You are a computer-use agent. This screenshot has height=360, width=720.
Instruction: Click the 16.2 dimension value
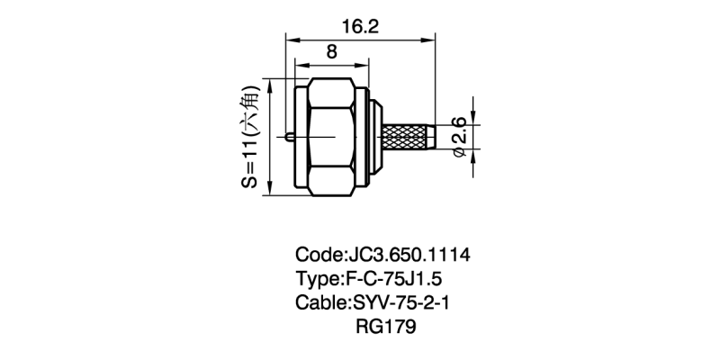[359, 27]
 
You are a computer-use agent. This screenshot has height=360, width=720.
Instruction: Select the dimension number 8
[331, 52]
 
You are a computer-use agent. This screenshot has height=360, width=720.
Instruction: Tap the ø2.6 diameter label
[460, 138]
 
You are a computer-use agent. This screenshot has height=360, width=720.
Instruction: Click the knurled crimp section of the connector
[404, 138]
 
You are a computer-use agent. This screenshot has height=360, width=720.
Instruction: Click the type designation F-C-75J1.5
[391, 279]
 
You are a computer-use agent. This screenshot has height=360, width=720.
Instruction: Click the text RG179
[386, 327]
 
